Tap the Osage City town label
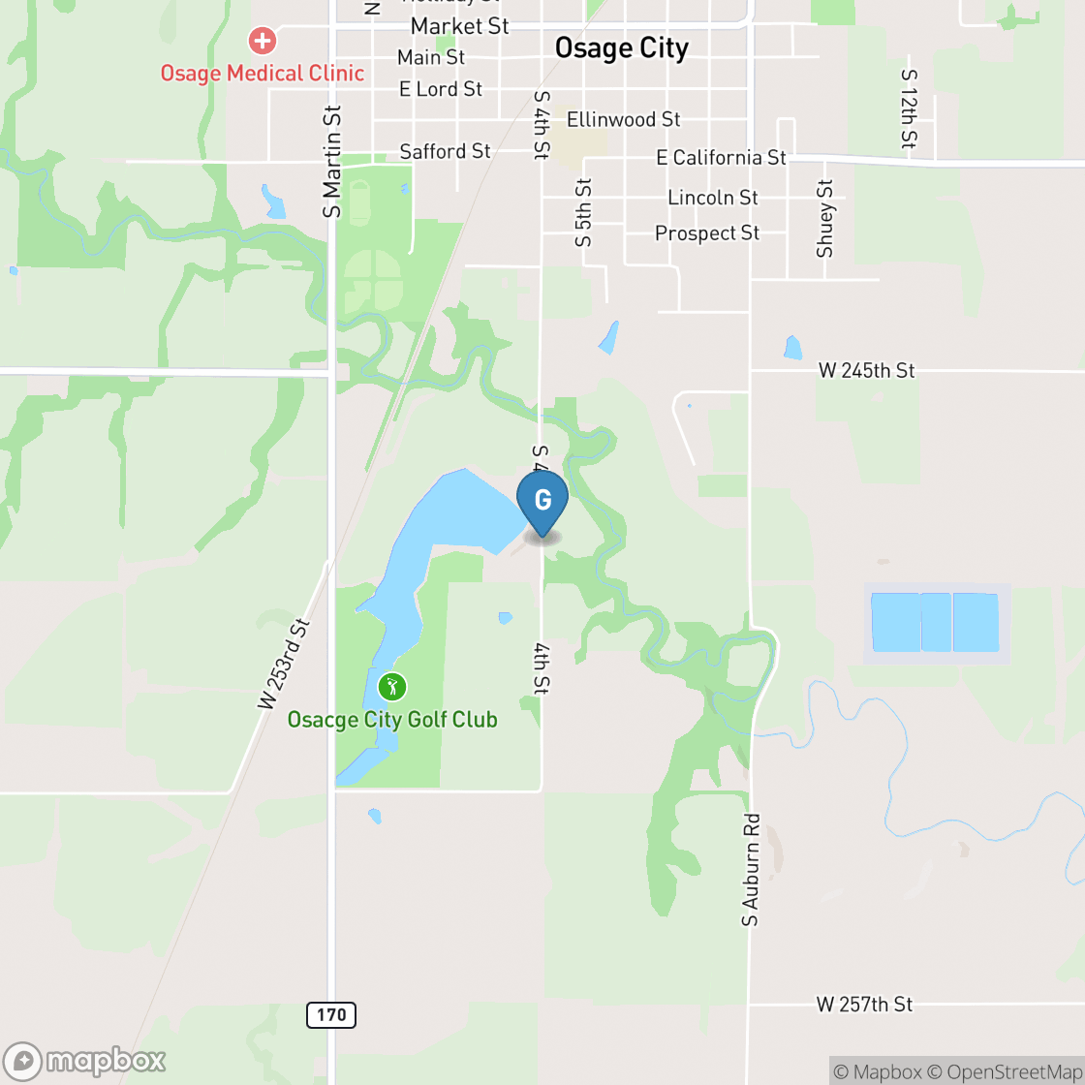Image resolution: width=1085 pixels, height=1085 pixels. (x=621, y=48)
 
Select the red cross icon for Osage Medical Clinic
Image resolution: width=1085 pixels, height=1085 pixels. (x=262, y=41)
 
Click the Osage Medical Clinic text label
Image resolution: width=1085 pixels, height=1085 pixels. (x=262, y=74)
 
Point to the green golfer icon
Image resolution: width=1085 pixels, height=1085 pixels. (x=392, y=687)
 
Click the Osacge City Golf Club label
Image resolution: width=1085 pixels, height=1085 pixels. (x=392, y=720)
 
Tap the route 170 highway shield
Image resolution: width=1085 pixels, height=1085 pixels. (x=331, y=1015)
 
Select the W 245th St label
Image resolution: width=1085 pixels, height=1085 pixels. (x=866, y=370)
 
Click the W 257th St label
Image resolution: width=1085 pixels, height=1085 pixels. (x=864, y=1005)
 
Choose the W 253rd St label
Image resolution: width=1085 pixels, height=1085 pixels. (x=283, y=665)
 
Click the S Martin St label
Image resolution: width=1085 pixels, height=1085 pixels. (x=333, y=162)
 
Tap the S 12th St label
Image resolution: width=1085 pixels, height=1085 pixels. (x=908, y=108)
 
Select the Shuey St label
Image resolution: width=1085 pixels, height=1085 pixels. (x=825, y=219)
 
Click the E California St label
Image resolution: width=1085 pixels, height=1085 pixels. (x=721, y=157)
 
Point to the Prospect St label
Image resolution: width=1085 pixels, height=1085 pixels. (x=707, y=233)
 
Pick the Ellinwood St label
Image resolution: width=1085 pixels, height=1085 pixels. (x=623, y=120)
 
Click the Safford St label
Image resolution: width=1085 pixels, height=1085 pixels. (x=446, y=151)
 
